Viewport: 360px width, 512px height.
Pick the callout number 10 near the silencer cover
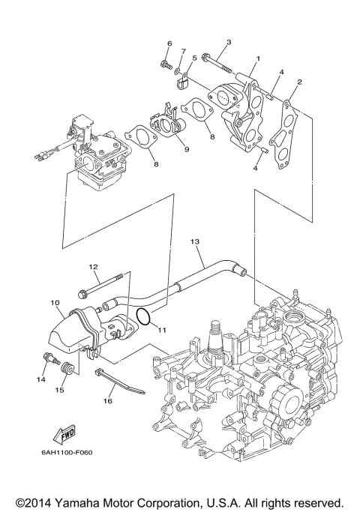tap(55, 303)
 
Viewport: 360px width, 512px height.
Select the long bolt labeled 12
tap(102, 286)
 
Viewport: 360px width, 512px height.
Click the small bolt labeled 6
tap(165, 67)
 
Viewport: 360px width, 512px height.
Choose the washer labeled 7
tap(178, 73)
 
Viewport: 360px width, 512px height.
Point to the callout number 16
tap(107, 402)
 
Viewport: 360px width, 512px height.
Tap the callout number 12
tap(94, 267)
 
